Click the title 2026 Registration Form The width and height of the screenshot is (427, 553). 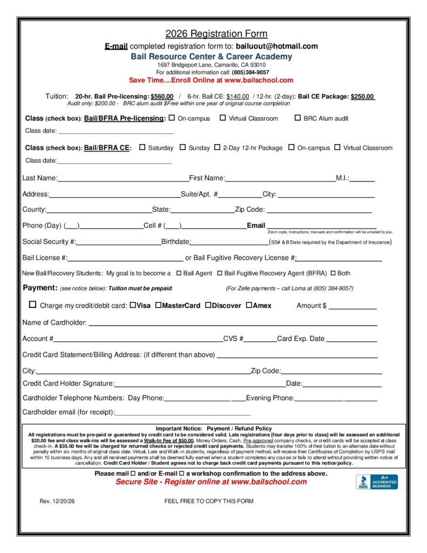click(x=216, y=33)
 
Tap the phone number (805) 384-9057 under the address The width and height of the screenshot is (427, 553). click(x=250, y=72)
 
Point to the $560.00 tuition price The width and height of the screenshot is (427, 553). click(x=162, y=96)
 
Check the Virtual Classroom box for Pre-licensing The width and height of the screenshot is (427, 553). click(x=222, y=118)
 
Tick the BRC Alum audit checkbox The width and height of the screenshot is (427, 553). click(x=297, y=118)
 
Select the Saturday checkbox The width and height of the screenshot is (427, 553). click(x=143, y=147)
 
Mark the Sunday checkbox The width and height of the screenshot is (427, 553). click(x=182, y=147)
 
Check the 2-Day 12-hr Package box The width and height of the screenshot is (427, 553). click(x=217, y=147)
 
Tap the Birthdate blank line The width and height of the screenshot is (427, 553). click(x=229, y=243)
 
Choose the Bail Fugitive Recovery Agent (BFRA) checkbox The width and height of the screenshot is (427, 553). click(x=220, y=273)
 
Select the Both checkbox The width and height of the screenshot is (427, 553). click(x=333, y=273)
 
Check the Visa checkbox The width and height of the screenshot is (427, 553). click(x=133, y=305)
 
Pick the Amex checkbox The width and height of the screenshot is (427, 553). click(x=249, y=305)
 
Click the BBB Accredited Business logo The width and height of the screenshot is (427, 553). click(x=376, y=482)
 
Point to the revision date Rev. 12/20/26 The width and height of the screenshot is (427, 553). click(x=57, y=501)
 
